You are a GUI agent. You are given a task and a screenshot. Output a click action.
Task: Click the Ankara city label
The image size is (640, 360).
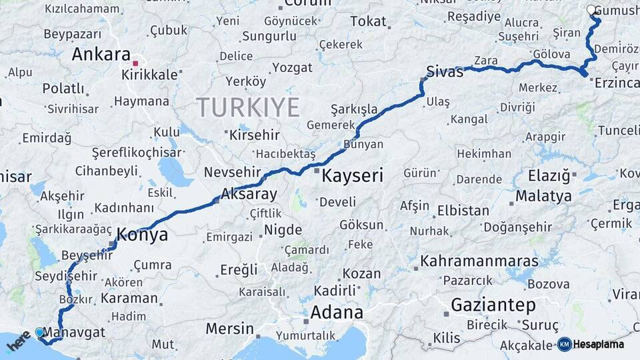101,54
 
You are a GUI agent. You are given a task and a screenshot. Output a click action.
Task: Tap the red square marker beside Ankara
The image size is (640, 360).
135,63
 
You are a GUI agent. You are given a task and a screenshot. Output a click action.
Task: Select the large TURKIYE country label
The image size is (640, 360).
248,107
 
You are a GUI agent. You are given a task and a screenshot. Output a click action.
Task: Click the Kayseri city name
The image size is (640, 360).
353,176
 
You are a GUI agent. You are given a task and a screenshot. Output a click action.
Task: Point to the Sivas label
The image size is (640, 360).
445,72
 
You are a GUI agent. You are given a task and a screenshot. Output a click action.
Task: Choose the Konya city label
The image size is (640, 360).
142,235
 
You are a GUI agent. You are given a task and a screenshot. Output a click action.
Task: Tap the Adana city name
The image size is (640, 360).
337,312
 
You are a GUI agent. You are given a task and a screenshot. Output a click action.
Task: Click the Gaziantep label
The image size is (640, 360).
493,305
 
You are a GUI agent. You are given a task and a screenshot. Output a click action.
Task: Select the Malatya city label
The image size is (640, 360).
543,196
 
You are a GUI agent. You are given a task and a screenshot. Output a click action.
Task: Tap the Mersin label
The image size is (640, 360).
229,328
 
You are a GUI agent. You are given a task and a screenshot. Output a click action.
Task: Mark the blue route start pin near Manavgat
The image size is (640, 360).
39,332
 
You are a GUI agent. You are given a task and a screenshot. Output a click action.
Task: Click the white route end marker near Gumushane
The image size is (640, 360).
592,10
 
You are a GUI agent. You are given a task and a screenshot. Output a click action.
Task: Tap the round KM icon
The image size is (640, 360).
564,344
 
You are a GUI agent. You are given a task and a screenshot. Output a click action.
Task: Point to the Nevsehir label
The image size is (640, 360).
230,172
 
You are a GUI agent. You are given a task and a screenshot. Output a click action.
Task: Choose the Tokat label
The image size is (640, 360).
368,21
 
